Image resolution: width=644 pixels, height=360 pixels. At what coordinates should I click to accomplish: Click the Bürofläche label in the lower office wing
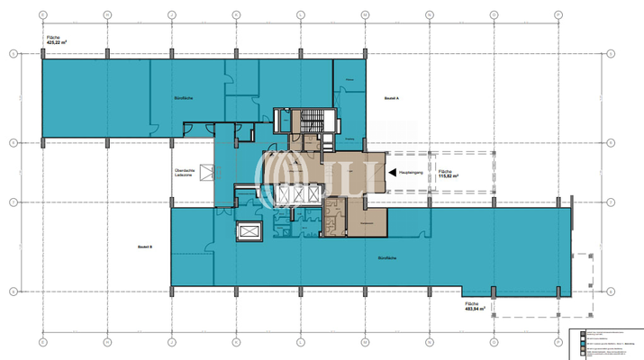coord(390,259)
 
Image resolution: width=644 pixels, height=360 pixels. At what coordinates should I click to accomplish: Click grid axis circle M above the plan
coord(365,15)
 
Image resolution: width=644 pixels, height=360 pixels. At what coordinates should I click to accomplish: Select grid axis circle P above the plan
coord(558,15)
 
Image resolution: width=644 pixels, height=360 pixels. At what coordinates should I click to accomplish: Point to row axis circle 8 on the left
coord(13,142)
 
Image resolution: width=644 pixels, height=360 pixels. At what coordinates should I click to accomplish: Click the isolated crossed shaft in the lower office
coord(247,233)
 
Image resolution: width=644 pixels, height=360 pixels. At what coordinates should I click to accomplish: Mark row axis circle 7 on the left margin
coord(13,202)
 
